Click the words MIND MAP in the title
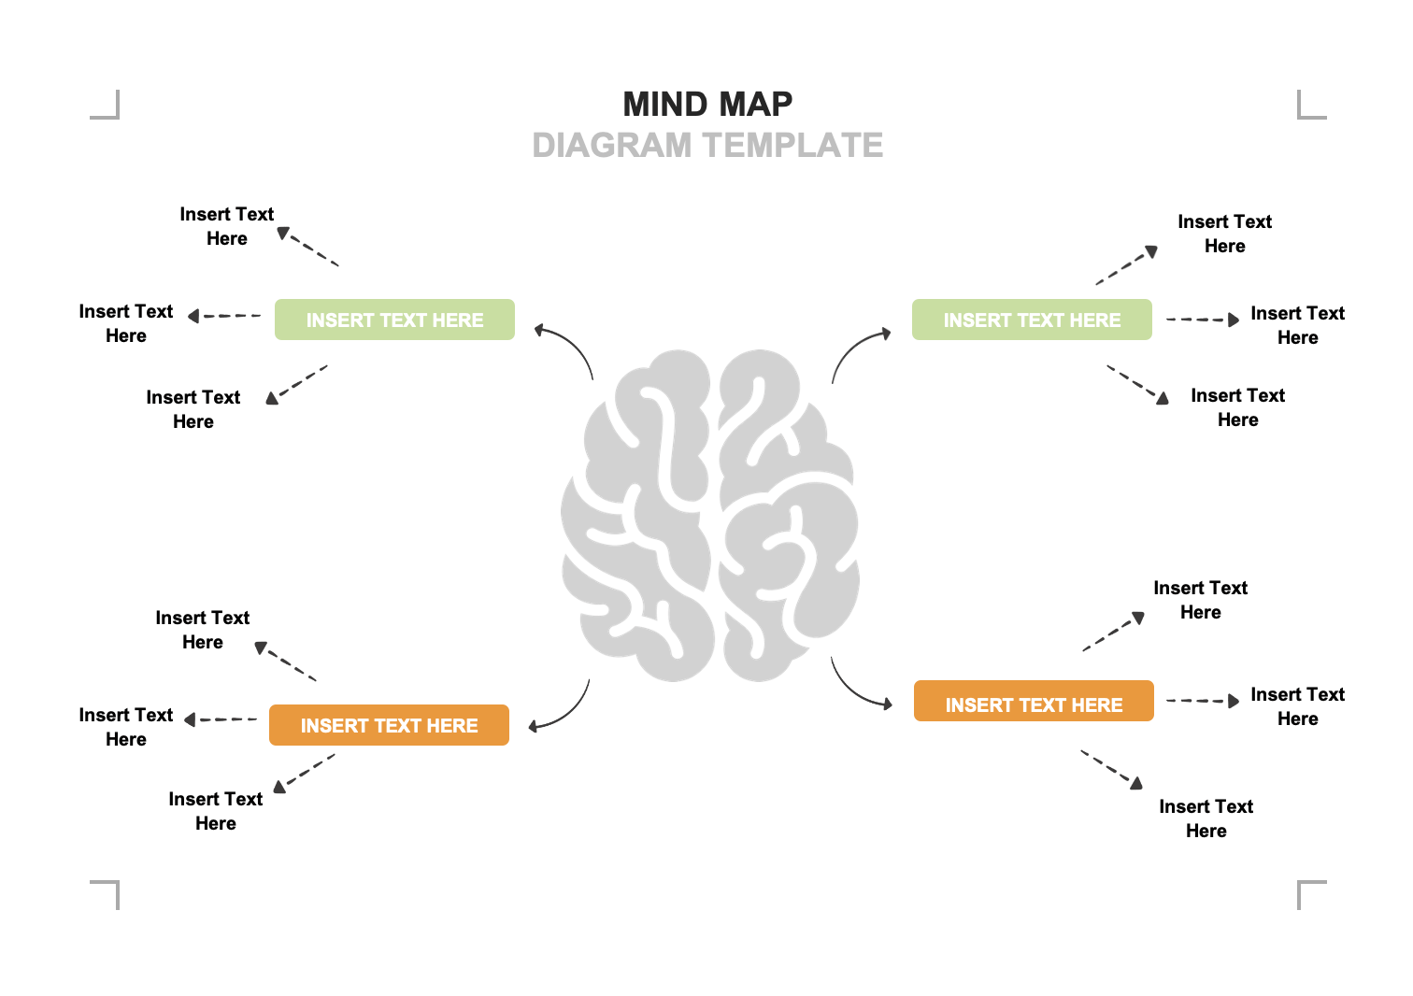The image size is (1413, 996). [707, 104]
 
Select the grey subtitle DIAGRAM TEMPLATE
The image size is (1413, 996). [707, 146]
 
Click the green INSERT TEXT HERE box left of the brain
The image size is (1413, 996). [394, 320]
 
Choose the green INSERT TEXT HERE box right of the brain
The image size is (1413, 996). [1032, 320]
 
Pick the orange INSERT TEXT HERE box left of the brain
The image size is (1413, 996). [389, 725]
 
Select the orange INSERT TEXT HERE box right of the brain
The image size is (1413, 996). [1034, 701]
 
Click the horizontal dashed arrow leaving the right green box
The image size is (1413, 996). [1202, 320]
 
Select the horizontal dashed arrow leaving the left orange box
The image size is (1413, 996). [221, 719]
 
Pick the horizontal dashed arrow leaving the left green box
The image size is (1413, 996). [224, 316]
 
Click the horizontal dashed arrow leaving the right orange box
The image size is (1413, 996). [1202, 701]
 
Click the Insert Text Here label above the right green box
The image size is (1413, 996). [1224, 234]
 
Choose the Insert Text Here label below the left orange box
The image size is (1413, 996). [215, 811]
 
